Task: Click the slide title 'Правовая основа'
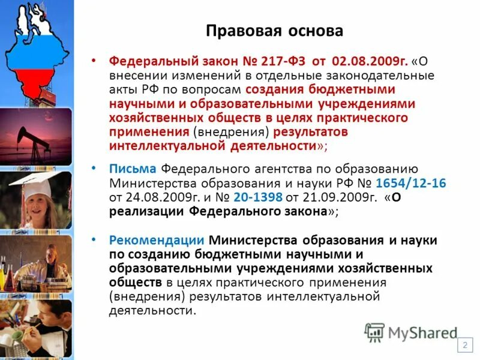tap(274, 31)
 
